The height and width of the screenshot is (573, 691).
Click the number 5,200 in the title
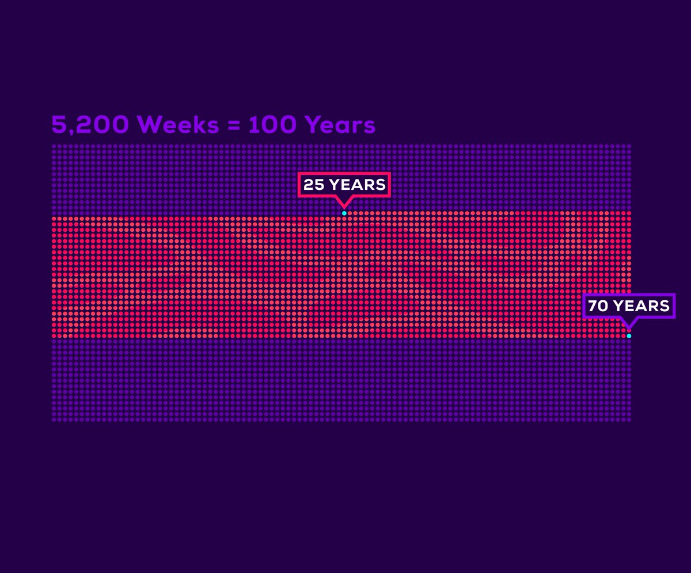pos(90,125)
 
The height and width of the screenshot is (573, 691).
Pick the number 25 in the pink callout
pos(314,185)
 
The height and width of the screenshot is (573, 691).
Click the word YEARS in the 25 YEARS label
pos(357,185)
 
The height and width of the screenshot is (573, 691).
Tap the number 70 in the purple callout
pos(598,306)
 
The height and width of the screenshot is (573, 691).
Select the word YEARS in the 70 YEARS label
pos(641,306)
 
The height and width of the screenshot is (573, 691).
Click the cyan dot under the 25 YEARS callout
pos(344,213)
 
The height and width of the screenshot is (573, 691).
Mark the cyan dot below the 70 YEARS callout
pos(629,336)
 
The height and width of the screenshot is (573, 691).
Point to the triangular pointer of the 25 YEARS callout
pos(344,203)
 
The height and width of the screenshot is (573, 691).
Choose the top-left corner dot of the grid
pos(54,147)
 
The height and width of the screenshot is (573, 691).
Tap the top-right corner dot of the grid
pos(629,147)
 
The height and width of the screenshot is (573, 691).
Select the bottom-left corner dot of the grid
pos(54,420)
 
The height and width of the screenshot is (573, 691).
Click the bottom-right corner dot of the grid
pos(629,420)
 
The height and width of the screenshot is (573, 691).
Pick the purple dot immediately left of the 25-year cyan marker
pos(339,213)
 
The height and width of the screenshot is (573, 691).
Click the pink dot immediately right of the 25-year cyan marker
pos(350,213)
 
